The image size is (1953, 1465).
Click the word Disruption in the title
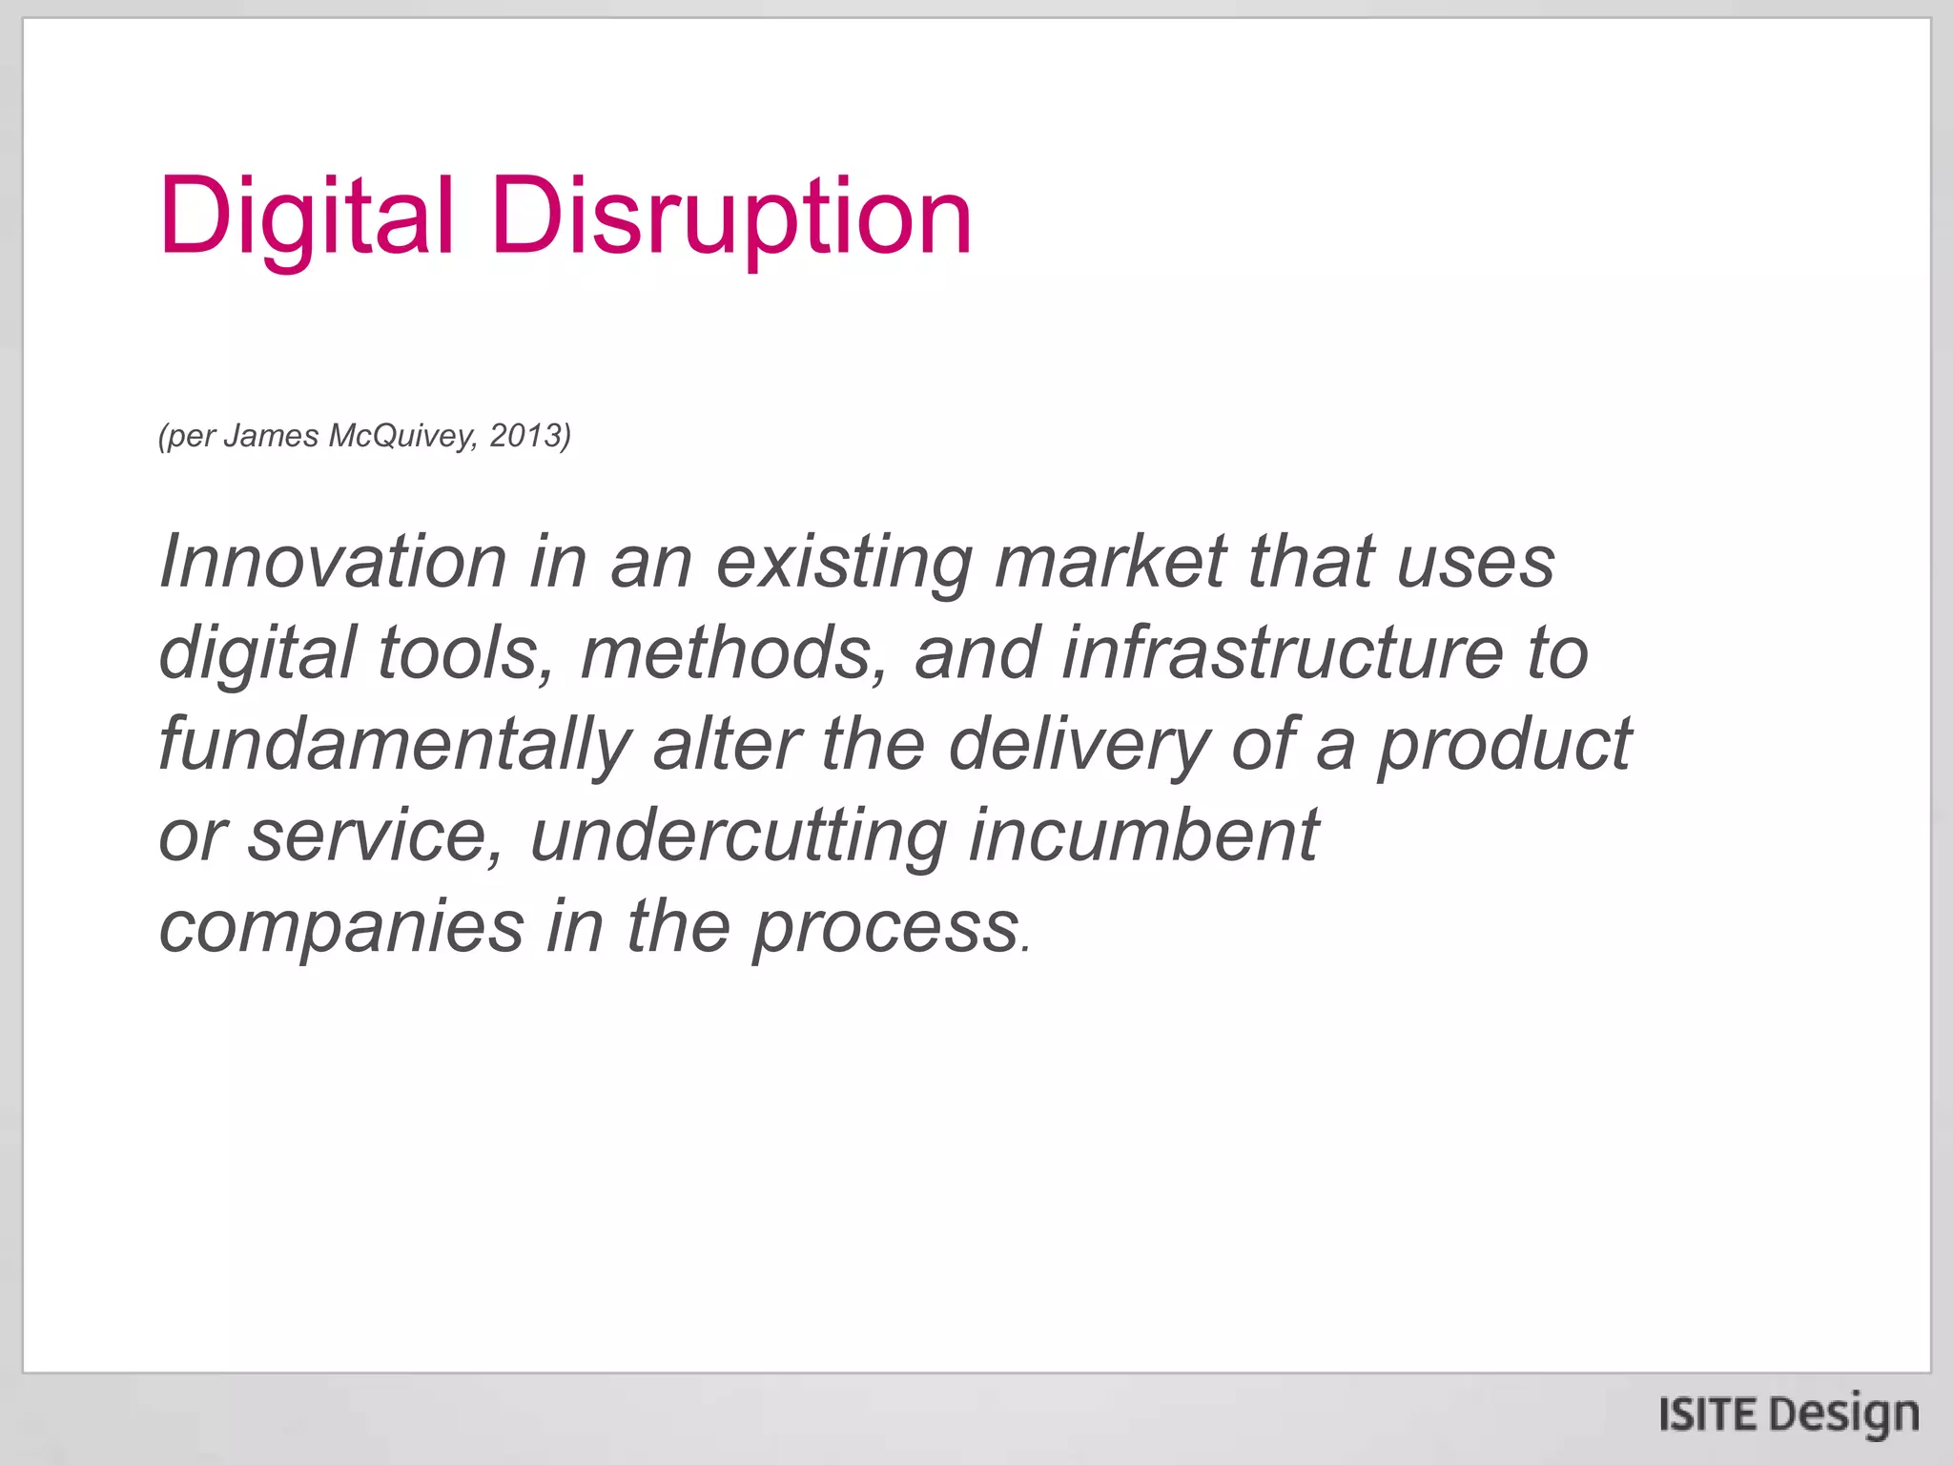pyautogui.click(x=731, y=217)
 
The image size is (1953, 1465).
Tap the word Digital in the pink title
pyautogui.click(x=306, y=217)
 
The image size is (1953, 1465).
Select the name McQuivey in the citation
pyautogui.click(x=400, y=436)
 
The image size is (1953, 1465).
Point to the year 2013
pyautogui.click(x=524, y=436)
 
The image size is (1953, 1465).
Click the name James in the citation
pyautogui.click(x=271, y=436)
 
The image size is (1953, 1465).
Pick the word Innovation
pyautogui.click(x=333, y=562)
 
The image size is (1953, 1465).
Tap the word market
pyautogui.click(x=1110, y=562)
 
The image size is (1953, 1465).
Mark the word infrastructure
pyautogui.click(x=1282, y=654)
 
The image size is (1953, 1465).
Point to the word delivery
pyautogui.click(x=1079, y=746)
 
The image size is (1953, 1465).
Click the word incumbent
pyautogui.click(x=1143, y=836)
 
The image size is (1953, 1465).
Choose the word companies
pyautogui.click(x=341, y=928)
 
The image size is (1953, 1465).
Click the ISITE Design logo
pyautogui.click(x=1788, y=1413)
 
